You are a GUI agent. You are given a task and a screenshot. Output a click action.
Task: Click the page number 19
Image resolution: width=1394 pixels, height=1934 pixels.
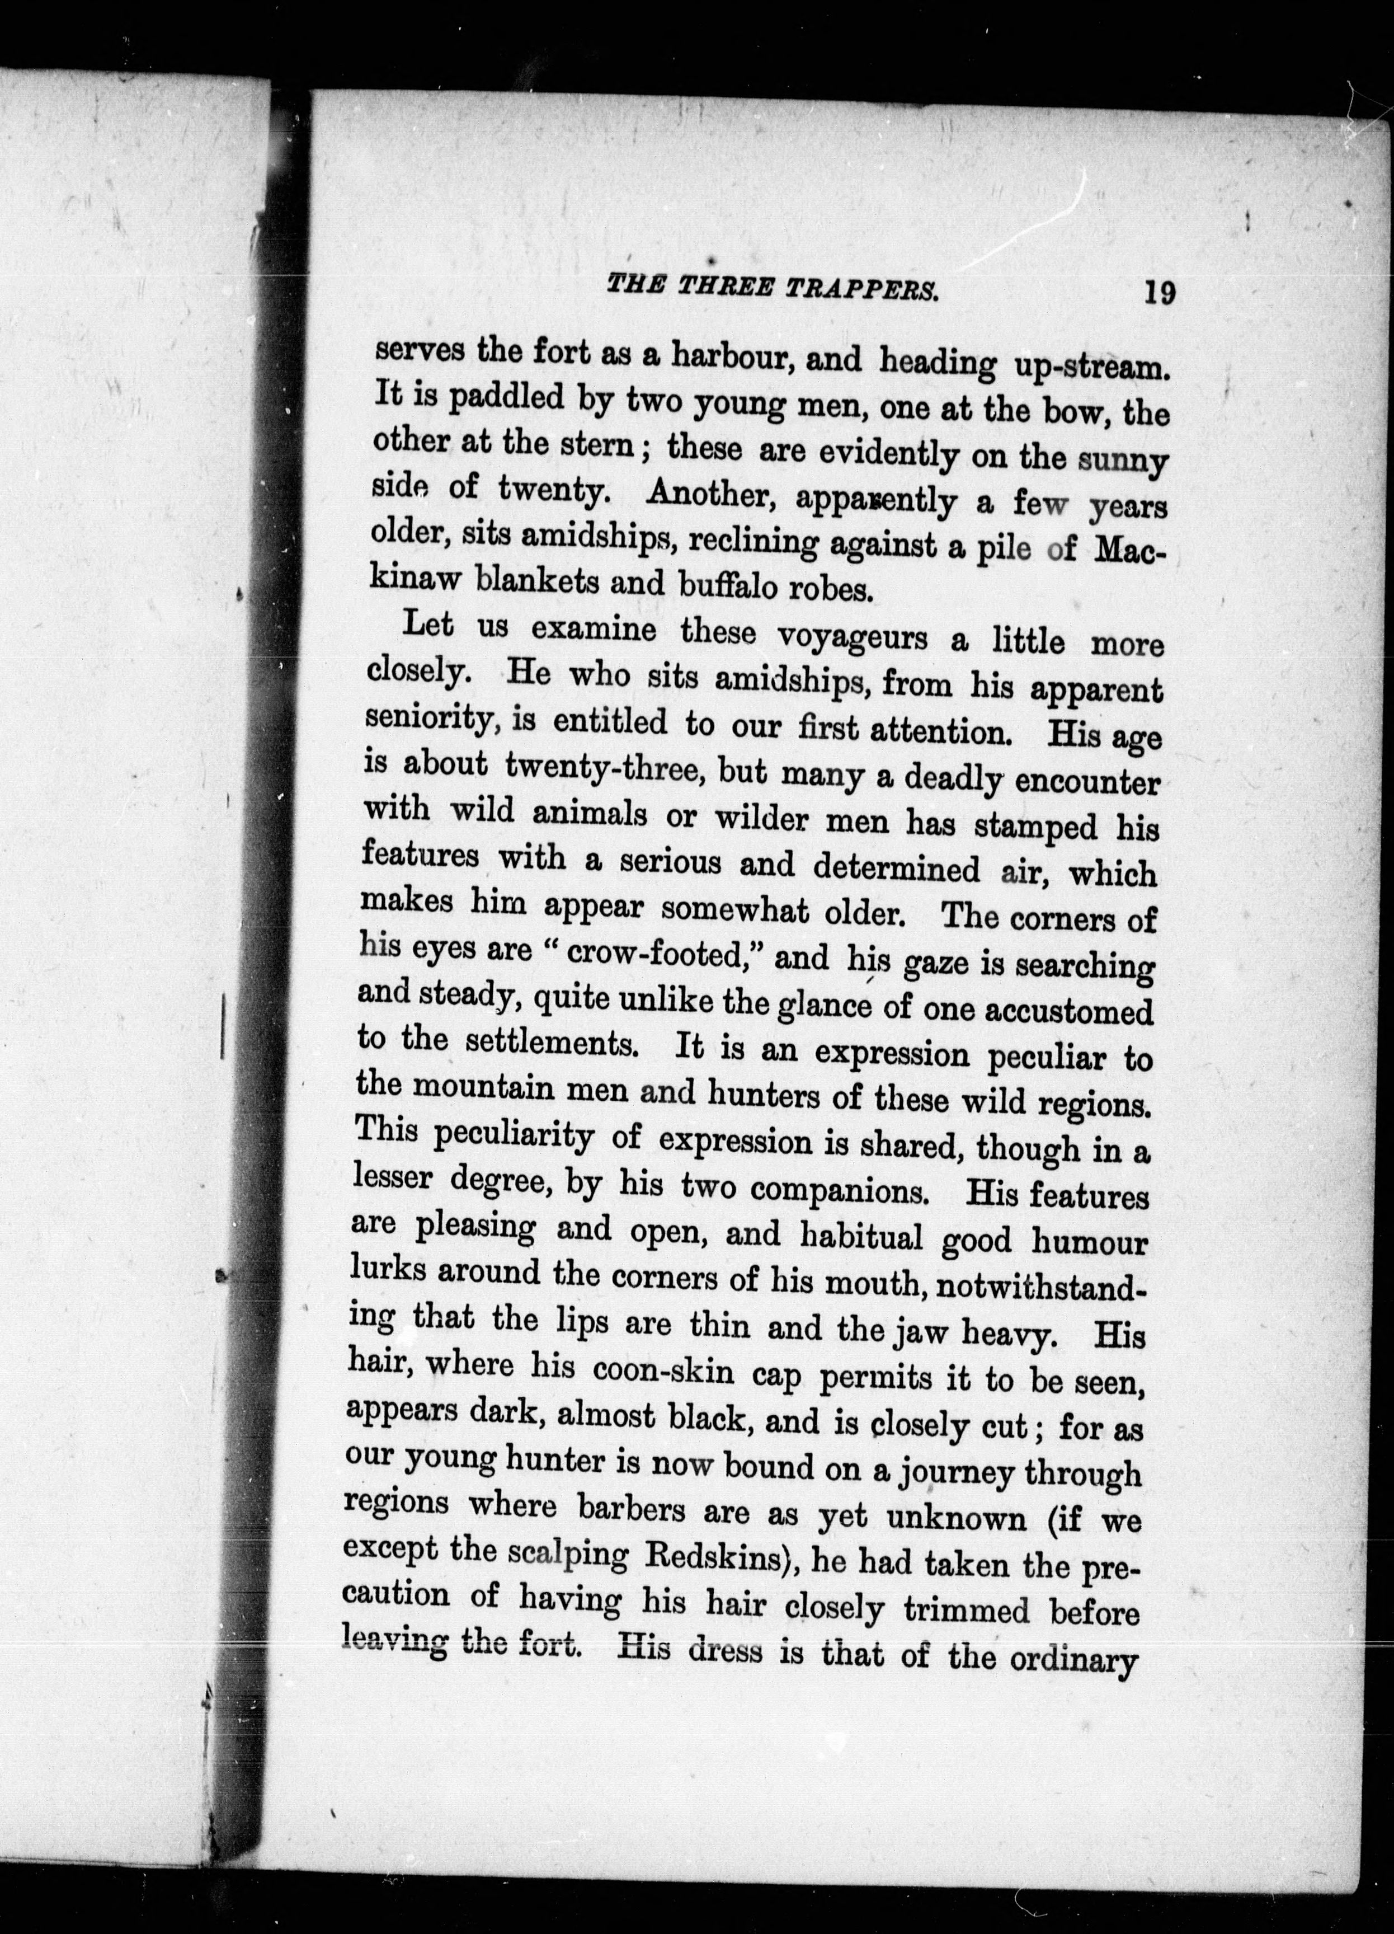pyautogui.click(x=1160, y=293)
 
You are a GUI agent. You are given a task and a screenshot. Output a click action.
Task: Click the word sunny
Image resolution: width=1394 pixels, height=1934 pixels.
pyautogui.click(x=1122, y=461)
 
